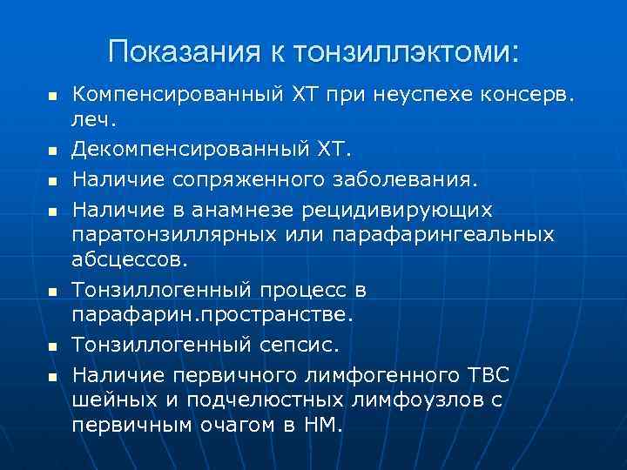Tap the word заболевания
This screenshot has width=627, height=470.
point(404,180)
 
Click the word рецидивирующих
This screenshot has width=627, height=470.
point(397,210)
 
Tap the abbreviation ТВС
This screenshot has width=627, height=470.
point(488,375)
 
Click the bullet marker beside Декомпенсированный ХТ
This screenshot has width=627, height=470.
point(51,151)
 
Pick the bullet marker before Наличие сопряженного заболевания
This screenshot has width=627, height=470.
point(51,182)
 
